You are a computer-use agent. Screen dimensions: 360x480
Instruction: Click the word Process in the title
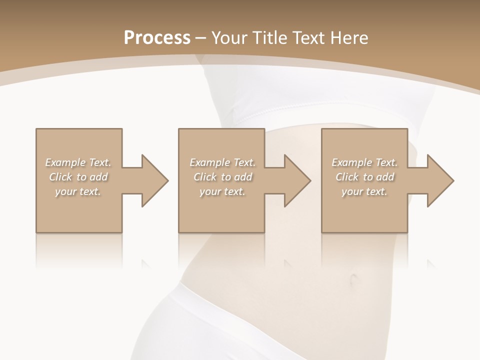[x=157, y=38]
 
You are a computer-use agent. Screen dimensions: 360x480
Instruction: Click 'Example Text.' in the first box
[x=78, y=162]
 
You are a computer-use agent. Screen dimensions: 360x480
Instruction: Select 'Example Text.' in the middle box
[x=222, y=162]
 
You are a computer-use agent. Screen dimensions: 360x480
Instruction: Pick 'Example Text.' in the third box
[x=364, y=162]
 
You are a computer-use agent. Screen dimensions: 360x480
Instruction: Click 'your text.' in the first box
[x=78, y=191]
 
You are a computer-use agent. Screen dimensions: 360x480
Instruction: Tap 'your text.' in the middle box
[x=222, y=191]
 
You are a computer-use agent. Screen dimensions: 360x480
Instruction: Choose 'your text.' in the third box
[x=364, y=191]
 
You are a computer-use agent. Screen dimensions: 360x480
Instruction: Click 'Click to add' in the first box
[x=78, y=177]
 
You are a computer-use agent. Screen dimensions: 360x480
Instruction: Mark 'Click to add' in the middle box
[x=222, y=177]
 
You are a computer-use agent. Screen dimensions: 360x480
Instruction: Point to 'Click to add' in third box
[x=364, y=177]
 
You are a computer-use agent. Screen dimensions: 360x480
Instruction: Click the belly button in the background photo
[x=354, y=279]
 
